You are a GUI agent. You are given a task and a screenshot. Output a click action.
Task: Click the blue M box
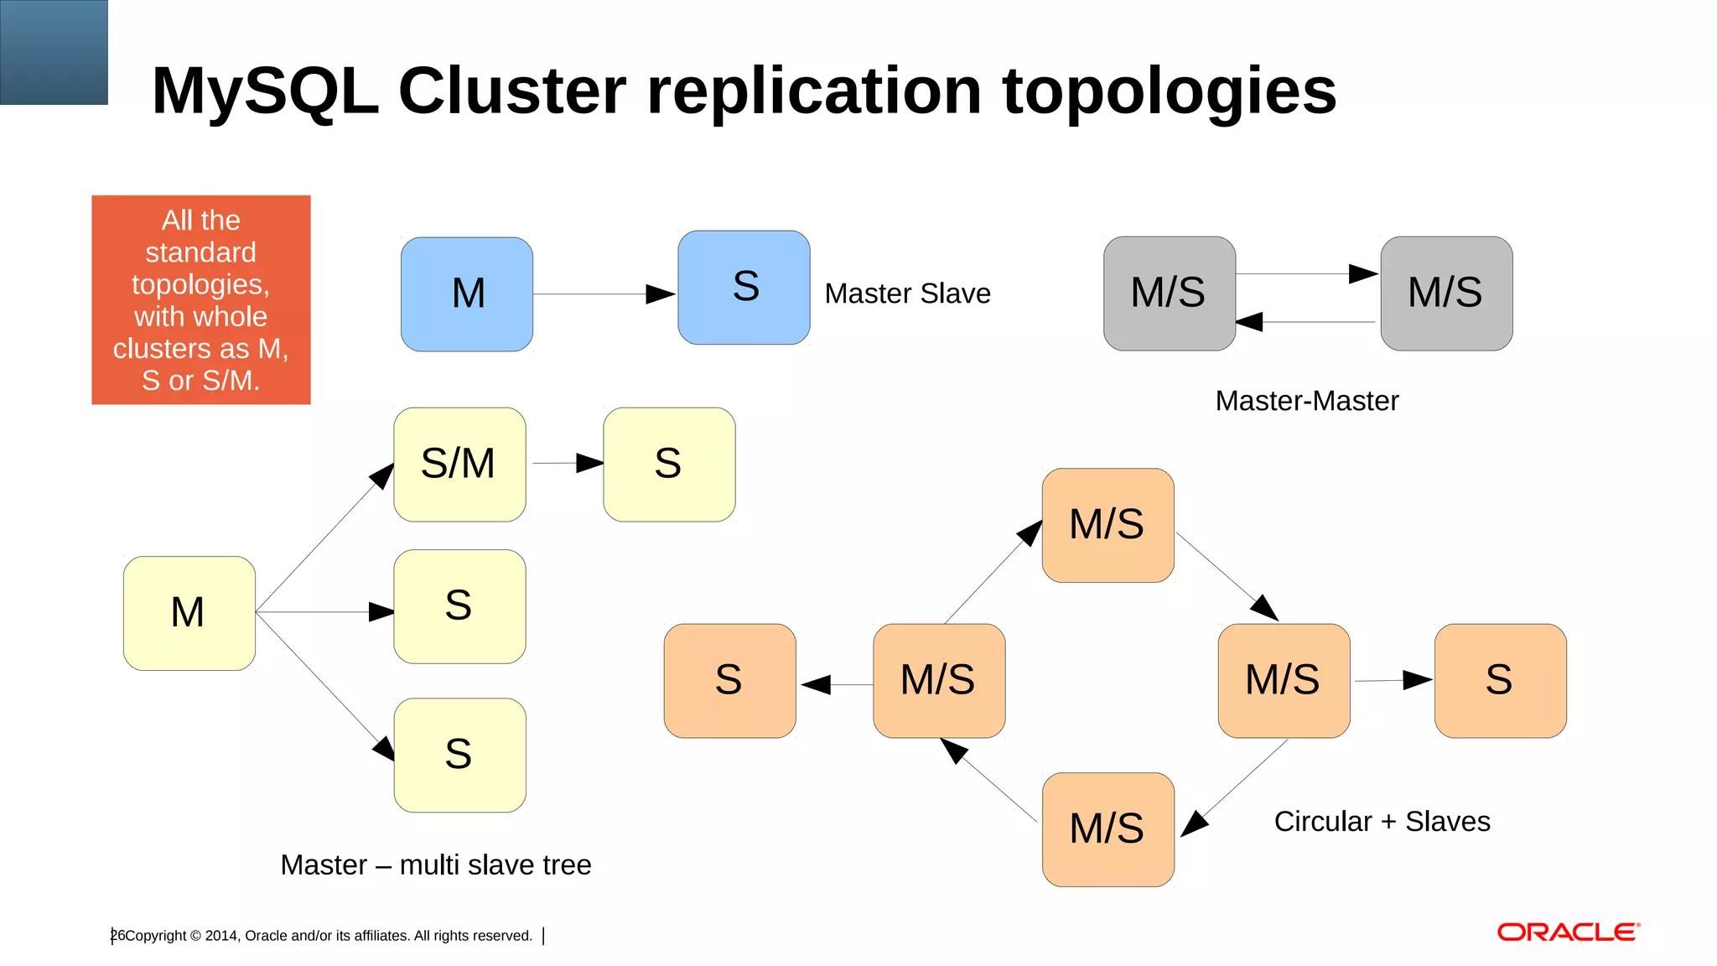click(467, 294)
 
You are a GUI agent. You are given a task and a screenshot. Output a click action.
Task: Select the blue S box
click(744, 288)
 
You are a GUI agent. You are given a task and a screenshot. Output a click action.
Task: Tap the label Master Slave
click(907, 293)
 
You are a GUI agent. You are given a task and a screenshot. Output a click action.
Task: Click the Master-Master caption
click(1306, 401)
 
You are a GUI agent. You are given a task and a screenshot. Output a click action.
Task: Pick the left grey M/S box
click(1169, 293)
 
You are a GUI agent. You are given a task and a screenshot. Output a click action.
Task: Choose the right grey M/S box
click(1446, 293)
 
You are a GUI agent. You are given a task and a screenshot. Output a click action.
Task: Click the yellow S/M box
click(459, 465)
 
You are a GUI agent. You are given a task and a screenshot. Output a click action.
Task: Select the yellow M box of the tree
click(189, 613)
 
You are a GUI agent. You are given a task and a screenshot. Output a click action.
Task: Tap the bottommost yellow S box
click(459, 755)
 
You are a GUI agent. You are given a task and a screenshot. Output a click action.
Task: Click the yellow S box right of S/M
click(669, 465)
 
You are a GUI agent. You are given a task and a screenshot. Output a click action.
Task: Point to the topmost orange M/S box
click(1107, 525)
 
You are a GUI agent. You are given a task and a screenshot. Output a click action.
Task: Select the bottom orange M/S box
click(1107, 829)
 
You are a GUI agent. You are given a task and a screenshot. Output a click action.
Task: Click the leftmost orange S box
click(729, 680)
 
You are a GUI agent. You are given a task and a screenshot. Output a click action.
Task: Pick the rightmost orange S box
click(1500, 680)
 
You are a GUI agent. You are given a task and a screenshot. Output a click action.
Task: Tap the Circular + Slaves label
click(1382, 821)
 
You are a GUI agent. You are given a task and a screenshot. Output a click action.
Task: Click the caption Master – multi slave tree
click(435, 865)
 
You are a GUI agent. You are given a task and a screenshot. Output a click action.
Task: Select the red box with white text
click(200, 299)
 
